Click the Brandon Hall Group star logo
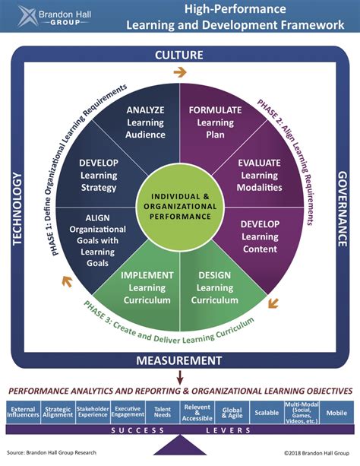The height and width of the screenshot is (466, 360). pos(27,16)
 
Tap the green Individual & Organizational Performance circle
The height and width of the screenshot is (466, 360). pos(180,207)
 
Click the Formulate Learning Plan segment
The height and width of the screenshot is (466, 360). pos(216,125)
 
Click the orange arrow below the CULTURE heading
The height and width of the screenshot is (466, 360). pos(180,72)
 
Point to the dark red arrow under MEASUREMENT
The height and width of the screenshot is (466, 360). pos(180,377)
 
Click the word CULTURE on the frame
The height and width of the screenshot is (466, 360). pos(179,55)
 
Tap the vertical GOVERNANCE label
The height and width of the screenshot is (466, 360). pos(343,208)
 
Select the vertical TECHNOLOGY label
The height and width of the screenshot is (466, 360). pos(17,209)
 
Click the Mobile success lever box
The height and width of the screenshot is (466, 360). pos(336,413)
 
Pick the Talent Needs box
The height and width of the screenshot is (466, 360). pos(163,413)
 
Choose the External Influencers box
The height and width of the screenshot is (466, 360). pos(23,413)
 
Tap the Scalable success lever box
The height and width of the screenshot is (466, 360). pos(267,413)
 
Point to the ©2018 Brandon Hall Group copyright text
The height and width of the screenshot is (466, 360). pos(317,453)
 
